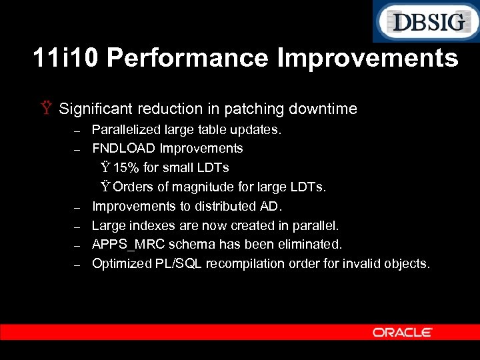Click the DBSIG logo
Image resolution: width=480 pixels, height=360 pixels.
425,22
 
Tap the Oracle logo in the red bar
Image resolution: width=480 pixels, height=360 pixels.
403,332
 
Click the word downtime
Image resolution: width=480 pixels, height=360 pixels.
327,109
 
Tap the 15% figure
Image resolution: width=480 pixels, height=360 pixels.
126,167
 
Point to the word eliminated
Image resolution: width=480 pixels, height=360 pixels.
312,244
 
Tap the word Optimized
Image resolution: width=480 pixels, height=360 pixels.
122,263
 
